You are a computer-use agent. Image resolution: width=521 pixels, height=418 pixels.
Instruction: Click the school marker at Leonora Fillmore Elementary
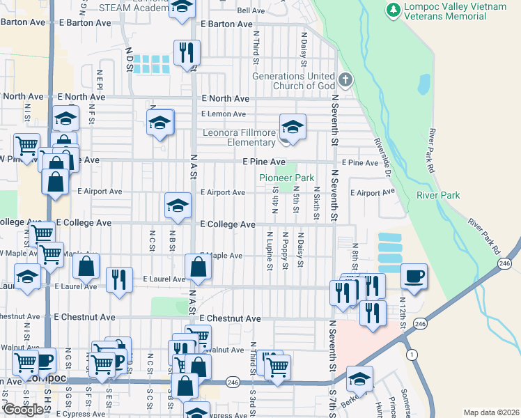coord(293,127)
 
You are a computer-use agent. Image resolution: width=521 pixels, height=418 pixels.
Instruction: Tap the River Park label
coord(438,196)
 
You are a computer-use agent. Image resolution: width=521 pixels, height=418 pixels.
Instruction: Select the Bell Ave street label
coord(251,10)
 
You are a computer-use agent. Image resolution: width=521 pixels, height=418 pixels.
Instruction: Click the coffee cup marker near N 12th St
coord(414,275)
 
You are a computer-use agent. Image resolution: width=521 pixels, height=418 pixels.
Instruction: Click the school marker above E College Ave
coord(178,206)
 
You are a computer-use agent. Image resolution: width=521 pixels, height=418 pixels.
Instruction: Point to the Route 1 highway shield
coord(413,355)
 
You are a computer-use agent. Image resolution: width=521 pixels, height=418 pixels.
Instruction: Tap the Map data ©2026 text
coord(491,412)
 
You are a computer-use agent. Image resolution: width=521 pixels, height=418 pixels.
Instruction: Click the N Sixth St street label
coord(316,203)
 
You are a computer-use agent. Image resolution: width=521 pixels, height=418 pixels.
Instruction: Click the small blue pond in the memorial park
coord(423,84)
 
